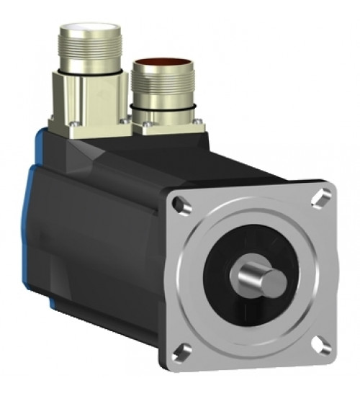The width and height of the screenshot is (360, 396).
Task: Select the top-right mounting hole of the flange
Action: tap(323, 194)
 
